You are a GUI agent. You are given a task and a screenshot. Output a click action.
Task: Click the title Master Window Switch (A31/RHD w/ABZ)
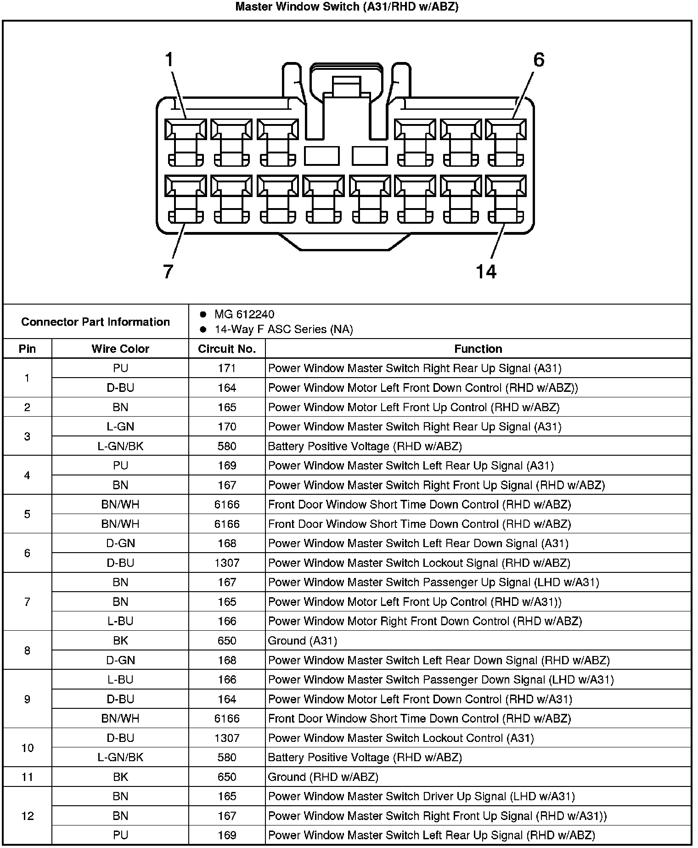(x=347, y=7)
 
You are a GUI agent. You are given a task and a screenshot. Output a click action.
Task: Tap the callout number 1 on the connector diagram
(x=169, y=60)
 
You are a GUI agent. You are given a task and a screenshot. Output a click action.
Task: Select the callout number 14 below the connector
(x=486, y=271)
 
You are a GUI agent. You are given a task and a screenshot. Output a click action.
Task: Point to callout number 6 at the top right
(x=538, y=60)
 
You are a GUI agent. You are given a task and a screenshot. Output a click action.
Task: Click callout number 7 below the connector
(x=168, y=271)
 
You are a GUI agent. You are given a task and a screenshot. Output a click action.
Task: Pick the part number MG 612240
(x=244, y=314)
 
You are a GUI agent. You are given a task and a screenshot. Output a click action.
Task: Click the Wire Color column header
(x=120, y=349)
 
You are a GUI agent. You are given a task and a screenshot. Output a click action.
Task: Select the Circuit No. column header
(x=227, y=349)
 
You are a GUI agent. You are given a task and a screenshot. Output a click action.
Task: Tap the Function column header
(x=478, y=349)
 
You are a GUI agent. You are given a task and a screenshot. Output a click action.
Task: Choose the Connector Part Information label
(x=96, y=322)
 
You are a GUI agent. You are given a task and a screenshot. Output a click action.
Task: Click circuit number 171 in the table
(x=227, y=368)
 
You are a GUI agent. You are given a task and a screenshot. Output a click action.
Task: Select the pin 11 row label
(x=28, y=777)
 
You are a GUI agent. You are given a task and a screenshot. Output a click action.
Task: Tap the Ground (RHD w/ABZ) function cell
(x=323, y=777)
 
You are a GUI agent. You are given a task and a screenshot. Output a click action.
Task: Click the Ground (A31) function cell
(x=302, y=641)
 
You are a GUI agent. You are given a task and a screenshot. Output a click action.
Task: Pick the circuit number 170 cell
(x=227, y=427)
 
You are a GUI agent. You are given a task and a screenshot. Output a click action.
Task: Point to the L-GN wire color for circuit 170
(x=120, y=427)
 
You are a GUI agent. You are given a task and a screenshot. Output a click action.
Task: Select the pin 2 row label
(x=28, y=407)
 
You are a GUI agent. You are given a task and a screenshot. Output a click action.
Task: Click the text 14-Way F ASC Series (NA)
(x=283, y=329)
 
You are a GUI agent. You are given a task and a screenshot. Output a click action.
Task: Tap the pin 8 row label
(x=28, y=650)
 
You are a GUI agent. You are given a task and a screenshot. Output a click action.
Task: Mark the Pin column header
(x=28, y=349)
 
